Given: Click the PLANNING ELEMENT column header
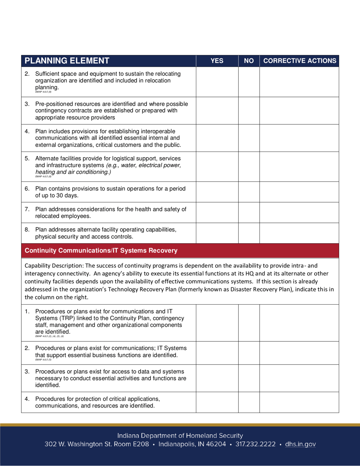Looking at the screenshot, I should click(x=67, y=61).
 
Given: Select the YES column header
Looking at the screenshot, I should click(x=217, y=61).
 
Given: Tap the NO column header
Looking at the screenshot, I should click(x=249, y=61).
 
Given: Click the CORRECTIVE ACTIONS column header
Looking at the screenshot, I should click(x=299, y=61).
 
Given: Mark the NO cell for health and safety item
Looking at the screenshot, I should click(x=249, y=213).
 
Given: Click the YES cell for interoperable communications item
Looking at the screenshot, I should click(x=217, y=138).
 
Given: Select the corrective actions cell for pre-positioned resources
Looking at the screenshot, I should click(x=299, y=110).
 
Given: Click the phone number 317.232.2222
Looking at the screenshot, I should click(x=255, y=444).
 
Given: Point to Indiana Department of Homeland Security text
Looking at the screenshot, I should click(x=180, y=436).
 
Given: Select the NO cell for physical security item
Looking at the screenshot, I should click(x=249, y=233).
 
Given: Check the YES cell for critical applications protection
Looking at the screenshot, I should click(x=217, y=402).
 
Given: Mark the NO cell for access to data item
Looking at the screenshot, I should click(x=249, y=378).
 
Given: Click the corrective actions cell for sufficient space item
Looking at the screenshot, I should click(x=299, y=81).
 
